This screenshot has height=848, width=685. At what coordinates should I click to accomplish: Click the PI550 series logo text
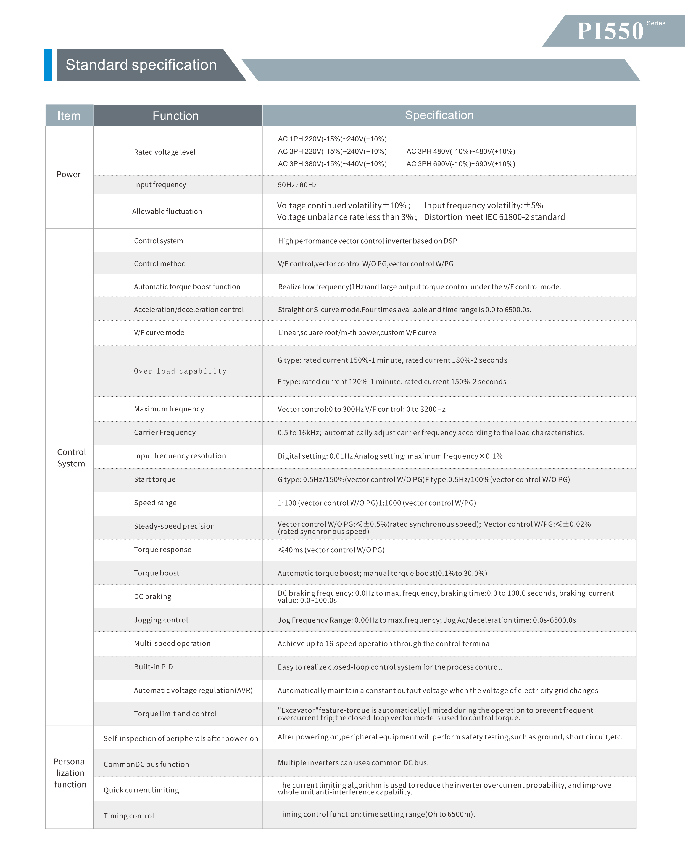[610, 31]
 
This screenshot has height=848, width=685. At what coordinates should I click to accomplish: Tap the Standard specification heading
[141, 65]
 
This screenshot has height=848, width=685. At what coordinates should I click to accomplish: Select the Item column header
[69, 116]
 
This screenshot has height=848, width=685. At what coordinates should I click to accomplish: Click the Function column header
[176, 116]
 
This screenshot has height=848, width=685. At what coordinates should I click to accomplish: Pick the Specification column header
[439, 115]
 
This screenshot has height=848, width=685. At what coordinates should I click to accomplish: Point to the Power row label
[69, 174]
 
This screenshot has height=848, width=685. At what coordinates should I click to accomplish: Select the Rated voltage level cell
[165, 152]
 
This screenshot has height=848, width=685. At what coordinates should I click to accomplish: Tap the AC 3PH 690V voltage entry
[460, 164]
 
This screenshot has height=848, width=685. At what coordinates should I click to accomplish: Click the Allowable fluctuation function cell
[167, 212]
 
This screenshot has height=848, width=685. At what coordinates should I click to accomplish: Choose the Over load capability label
[180, 371]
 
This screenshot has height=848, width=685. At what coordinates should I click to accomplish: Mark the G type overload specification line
[392, 360]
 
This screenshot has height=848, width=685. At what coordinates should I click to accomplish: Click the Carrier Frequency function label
[165, 432]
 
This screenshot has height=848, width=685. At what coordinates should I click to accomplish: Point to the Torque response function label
[163, 550]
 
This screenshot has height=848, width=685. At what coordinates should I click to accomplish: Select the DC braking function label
[153, 596]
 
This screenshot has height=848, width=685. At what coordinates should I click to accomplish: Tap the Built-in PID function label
[154, 667]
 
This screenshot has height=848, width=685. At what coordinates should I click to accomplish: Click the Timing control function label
[129, 816]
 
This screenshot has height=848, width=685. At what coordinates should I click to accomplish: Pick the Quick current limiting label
[141, 790]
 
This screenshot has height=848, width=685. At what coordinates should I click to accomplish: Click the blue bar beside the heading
[48, 65]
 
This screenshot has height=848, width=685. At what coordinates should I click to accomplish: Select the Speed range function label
[155, 503]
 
